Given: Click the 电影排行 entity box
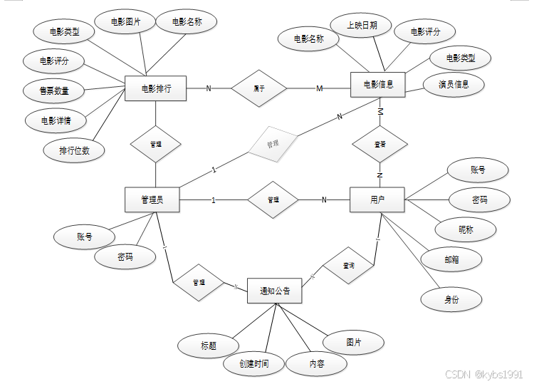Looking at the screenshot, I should (155, 88).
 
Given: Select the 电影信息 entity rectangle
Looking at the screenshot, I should (378, 85).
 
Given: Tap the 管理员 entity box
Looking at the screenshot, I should (152, 199).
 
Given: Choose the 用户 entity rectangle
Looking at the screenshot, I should (377, 199).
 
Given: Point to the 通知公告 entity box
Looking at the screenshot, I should (274, 291).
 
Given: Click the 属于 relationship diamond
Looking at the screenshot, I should (259, 88).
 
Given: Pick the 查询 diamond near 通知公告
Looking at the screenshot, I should (348, 266).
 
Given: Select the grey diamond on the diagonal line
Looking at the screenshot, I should (273, 144).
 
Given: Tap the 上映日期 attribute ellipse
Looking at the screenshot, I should (362, 26).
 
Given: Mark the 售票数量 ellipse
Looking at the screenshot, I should (53, 90).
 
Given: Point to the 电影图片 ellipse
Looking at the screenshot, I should (125, 23).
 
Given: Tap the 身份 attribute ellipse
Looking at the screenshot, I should (451, 299).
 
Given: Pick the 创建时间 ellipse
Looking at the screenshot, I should (254, 364).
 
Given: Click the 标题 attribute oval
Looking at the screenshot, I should (208, 346).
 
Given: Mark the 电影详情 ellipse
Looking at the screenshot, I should (56, 120).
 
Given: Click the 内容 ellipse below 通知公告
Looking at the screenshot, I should (317, 364).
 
